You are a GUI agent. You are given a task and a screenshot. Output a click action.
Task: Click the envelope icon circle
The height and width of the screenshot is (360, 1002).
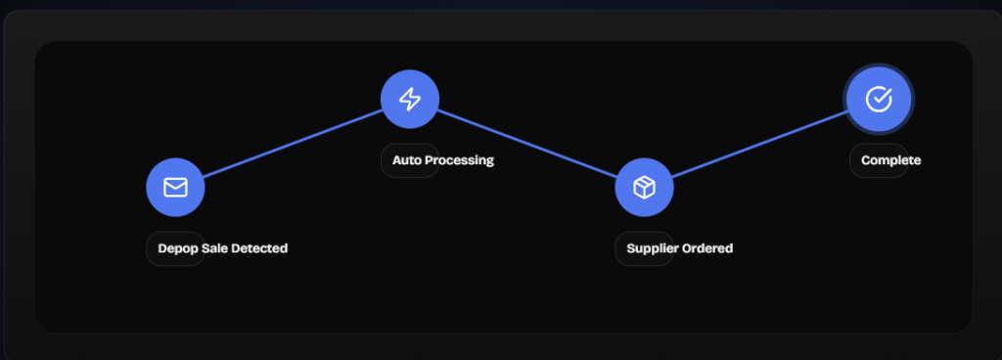pos(176,187)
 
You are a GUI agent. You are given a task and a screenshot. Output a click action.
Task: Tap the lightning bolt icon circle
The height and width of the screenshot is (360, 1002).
pos(410,99)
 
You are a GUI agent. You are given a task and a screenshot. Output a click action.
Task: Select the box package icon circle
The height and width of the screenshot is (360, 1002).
pos(644,187)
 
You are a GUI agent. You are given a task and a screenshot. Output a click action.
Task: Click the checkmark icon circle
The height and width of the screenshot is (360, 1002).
pos(879,99)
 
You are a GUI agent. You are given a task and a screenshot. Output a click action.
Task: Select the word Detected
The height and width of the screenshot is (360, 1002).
pos(259,247)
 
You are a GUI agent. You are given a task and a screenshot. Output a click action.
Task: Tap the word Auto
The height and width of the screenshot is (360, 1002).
pos(407,159)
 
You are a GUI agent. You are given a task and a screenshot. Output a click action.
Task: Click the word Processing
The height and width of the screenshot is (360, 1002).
pos(460,160)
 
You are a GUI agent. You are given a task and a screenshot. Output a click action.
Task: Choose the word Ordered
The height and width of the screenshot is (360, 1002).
pos(707,247)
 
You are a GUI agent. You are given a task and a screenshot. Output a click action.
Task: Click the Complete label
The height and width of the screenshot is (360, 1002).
pos(890,160)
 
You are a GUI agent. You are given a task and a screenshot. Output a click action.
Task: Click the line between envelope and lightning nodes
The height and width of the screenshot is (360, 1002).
pos(293,143)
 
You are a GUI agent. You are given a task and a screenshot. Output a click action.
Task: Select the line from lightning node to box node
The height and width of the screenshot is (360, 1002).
pos(527,143)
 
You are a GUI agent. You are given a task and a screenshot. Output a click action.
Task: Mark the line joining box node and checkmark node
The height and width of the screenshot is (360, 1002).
pos(760,143)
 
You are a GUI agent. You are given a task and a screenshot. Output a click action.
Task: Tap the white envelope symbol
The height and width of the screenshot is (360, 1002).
pos(176,187)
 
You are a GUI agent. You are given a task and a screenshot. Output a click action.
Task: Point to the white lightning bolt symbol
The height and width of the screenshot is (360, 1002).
pos(410,99)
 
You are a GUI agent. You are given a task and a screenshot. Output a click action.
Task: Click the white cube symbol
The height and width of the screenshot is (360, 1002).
pos(644,188)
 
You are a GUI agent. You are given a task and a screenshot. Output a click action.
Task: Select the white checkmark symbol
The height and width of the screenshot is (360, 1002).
pos(879,99)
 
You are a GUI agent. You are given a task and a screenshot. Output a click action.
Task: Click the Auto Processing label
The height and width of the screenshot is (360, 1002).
pos(443,160)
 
